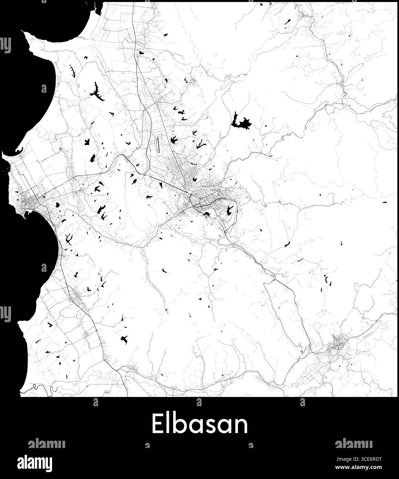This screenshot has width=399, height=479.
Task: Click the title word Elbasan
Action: click(x=200, y=425)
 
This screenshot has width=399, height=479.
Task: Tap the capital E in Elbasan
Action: click(x=158, y=425)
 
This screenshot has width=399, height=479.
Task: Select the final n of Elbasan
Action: click(x=241, y=425)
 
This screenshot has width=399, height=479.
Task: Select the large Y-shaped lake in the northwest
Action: click(x=97, y=92)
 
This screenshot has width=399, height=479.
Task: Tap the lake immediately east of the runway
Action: click(x=173, y=140)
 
